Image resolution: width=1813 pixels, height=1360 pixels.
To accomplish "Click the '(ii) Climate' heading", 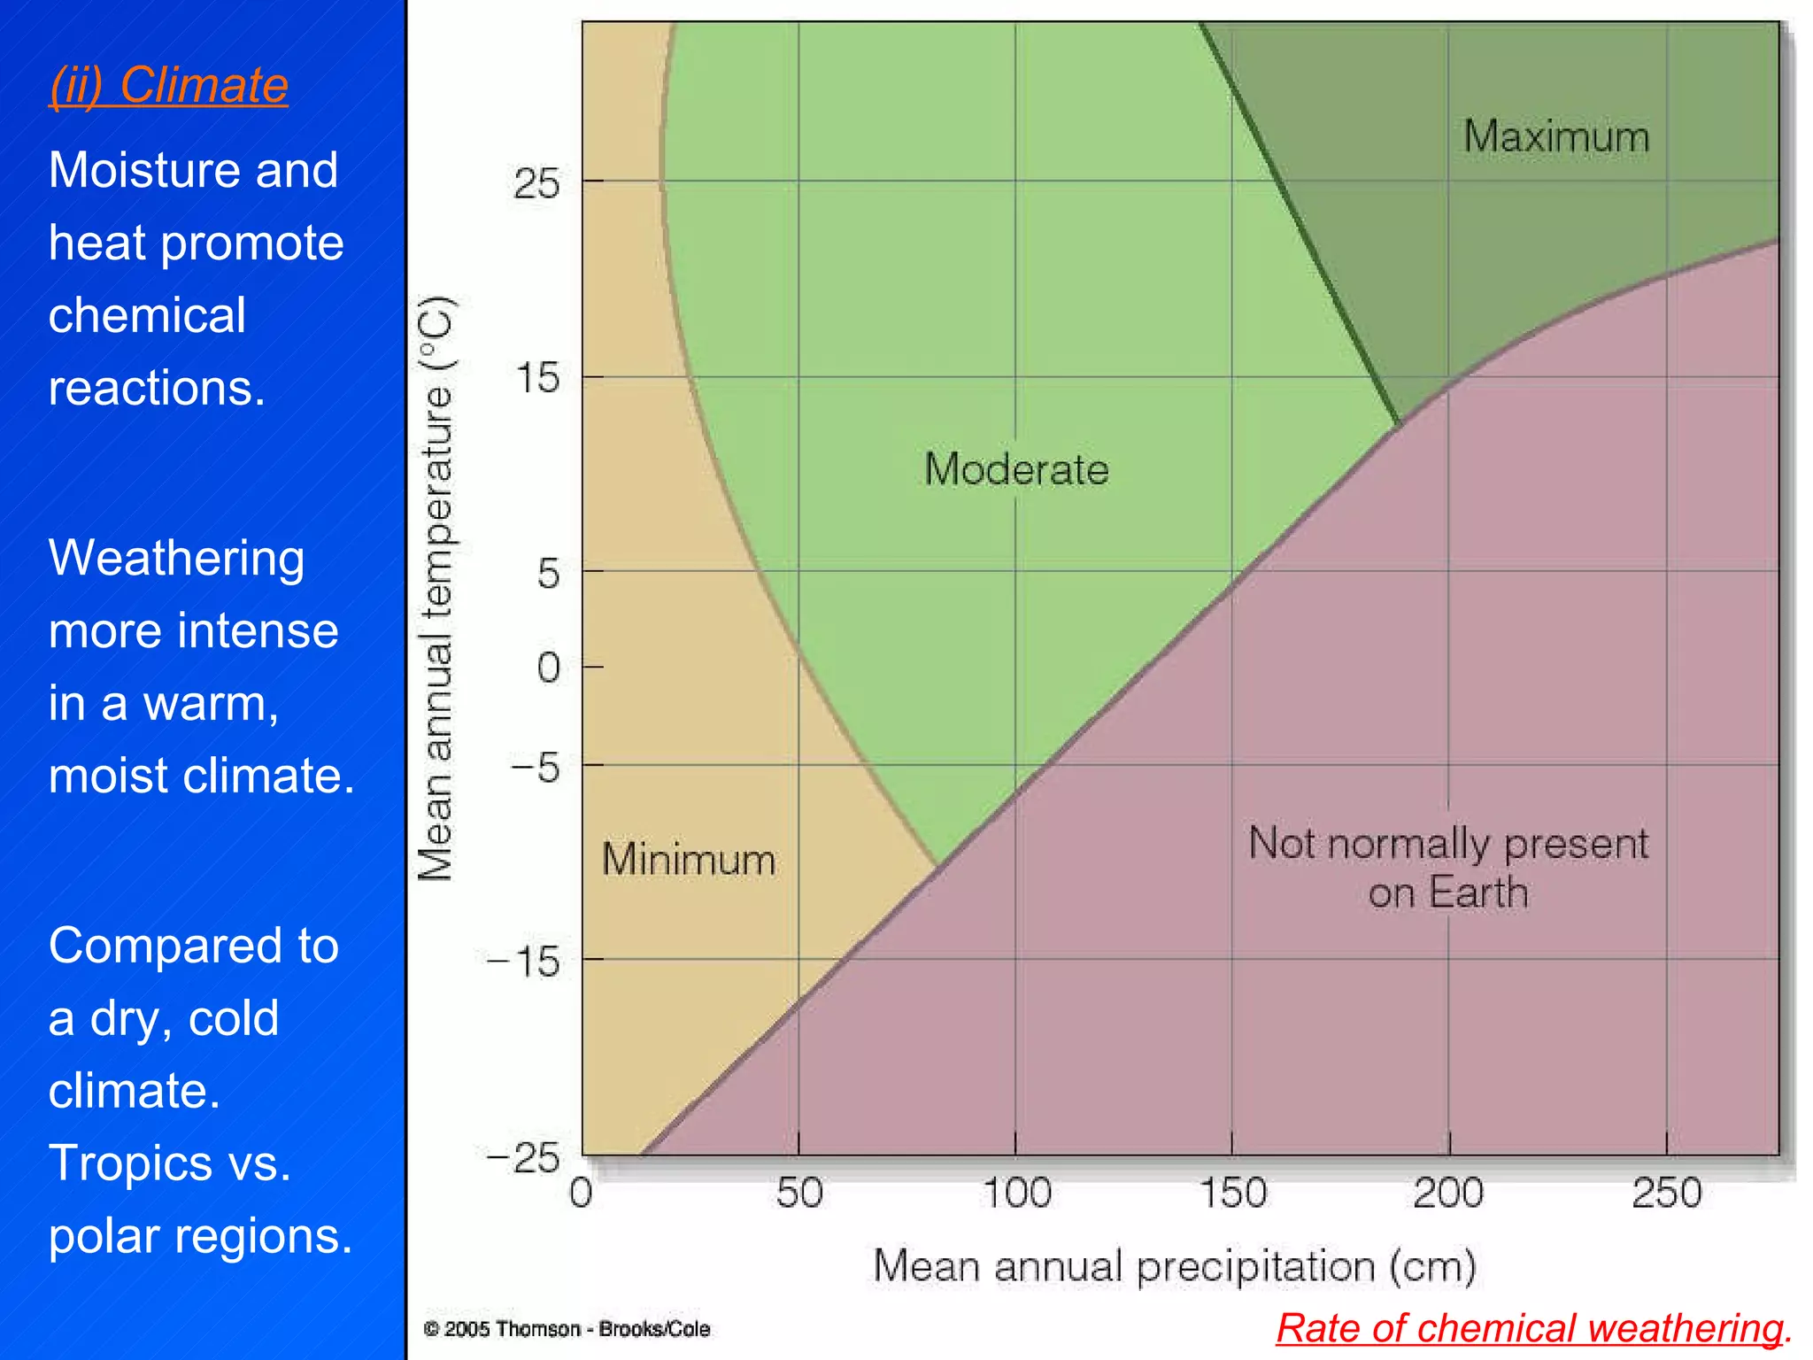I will pos(168,86).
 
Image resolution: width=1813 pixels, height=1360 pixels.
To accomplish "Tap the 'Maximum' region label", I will pos(1555,137).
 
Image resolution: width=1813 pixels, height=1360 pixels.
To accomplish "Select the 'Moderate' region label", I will pos(1016,468).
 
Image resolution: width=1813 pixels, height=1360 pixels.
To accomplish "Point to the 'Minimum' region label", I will pos(689,860).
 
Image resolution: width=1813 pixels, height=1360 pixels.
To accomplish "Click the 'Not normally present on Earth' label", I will pos(1448,868).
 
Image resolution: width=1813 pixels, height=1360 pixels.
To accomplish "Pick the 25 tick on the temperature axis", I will pos(536,184).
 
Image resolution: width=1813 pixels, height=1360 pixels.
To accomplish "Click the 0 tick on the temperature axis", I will pos(548,668).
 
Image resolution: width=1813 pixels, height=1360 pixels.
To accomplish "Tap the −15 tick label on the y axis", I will pos(524,962).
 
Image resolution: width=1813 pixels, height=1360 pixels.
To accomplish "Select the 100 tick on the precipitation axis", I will pos(1016,1193).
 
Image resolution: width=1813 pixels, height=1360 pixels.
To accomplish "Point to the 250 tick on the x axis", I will pos(1667,1193).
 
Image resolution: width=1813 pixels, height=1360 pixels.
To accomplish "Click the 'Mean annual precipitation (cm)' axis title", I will pos(1175,1266).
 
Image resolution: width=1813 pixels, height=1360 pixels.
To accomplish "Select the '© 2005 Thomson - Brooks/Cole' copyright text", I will pos(567,1329).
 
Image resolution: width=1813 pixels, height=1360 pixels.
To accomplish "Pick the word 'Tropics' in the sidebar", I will pos(130,1163).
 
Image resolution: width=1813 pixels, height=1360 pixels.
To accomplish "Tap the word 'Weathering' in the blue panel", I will pos(176,559).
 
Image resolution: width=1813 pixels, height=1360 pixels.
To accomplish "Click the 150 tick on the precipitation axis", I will pos(1232,1193).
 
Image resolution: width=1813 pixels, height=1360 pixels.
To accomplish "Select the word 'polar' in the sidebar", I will pos(108,1237).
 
